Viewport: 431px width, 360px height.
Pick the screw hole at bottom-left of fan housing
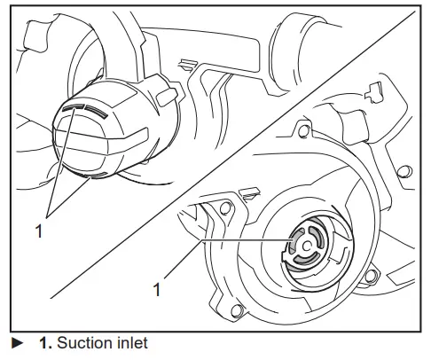pos(236,308)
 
